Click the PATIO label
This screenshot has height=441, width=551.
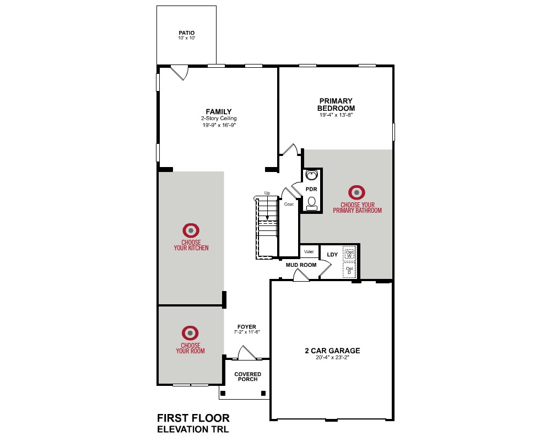[x=186, y=33]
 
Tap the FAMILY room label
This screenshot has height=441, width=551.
[x=219, y=111]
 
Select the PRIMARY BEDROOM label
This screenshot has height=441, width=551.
[x=336, y=104]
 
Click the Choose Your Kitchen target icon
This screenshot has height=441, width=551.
[x=191, y=231]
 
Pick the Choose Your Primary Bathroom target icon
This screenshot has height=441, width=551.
[x=356, y=192]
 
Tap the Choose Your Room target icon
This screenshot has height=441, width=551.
[x=190, y=333]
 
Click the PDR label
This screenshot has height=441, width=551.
[x=311, y=189]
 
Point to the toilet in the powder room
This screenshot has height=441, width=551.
[x=312, y=203]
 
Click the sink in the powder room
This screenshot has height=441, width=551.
[x=311, y=175]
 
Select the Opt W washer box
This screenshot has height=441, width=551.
[x=349, y=254]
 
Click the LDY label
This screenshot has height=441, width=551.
[x=332, y=255]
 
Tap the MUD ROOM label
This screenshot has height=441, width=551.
[x=301, y=265]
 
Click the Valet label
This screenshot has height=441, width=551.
[x=309, y=251]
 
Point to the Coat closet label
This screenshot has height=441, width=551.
[x=289, y=204]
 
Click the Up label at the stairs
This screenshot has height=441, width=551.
[x=267, y=193]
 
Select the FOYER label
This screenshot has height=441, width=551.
[x=247, y=327]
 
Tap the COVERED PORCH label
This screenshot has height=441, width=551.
[x=248, y=377]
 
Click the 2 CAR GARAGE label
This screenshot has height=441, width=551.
[x=332, y=351]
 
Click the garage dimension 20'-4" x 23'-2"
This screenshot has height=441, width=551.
[x=332, y=358]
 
